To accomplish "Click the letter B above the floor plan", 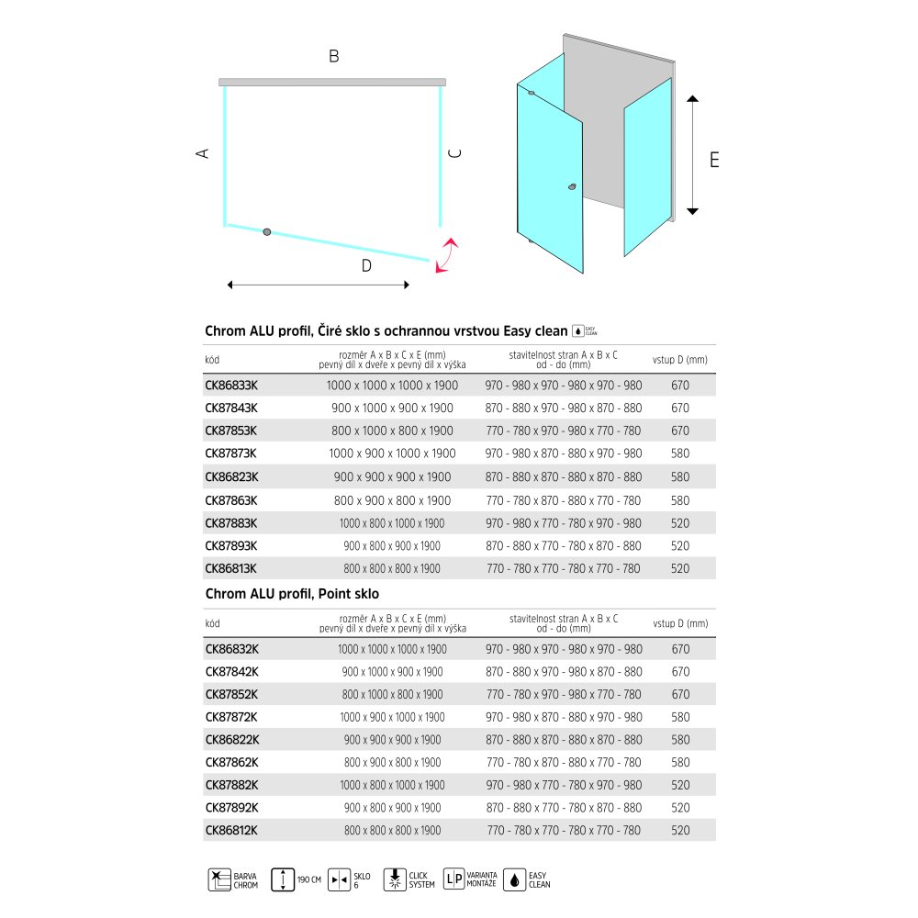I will pyautogui.click(x=334, y=57).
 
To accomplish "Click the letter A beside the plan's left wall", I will pyautogui.click(x=203, y=153).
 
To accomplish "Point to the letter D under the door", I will pyautogui.click(x=365, y=267).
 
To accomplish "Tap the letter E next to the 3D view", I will pyautogui.click(x=714, y=159).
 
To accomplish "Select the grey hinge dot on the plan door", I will pyautogui.click(x=266, y=231).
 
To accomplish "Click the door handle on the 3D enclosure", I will pyautogui.click(x=573, y=187).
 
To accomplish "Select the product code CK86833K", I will pyautogui.click(x=230, y=386).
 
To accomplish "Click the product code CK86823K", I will pyautogui.click(x=231, y=477).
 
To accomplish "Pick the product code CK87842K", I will pyautogui.click(x=231, y=672).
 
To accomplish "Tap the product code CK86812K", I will pyautogui.click(x=231, y=831).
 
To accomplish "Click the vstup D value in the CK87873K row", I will pyautogui.click(x=680, y=454).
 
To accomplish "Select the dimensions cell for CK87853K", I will pyautogui.click(x=392, y=431).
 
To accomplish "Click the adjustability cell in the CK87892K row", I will pyautogui.click(x=564, y=808).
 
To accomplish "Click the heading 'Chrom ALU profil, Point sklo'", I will pyautogui.click(x=292, y=595).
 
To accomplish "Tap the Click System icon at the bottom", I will pyautogui.click(x=395, y=879).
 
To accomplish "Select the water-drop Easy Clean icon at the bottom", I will pyautogui.click(x=516, y=879).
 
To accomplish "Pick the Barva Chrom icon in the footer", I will pyautogui.click(x=219, y=879).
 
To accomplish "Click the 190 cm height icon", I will pyautogui.click(x=285, y=879).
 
